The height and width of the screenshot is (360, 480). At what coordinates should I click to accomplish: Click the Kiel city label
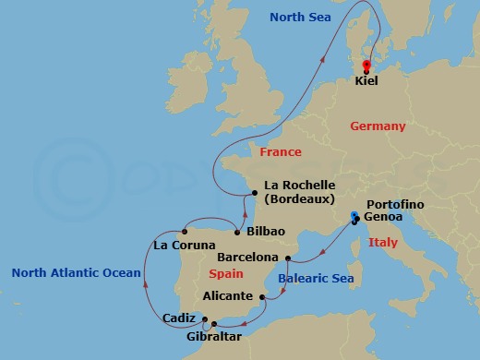pos(366,81)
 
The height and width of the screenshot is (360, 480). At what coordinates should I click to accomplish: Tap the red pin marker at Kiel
pos(366,66)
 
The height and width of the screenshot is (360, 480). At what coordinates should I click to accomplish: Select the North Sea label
pos(300,18)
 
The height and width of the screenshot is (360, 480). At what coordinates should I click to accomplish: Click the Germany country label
pos(378,126)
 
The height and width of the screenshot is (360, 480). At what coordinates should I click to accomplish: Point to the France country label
pos(281,151)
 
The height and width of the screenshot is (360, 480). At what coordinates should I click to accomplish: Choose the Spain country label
pos(226,274)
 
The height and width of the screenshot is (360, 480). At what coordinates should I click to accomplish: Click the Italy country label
pos(382,243)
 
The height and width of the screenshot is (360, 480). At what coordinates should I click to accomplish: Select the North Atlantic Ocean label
pos(76,272)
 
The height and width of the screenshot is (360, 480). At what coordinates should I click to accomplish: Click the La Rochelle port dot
pos(255,193)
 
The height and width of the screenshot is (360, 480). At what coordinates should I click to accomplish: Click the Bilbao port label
pos(267,231)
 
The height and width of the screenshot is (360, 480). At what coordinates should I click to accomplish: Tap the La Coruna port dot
pos(186,231)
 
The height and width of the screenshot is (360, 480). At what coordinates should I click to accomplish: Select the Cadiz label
pos(178,318)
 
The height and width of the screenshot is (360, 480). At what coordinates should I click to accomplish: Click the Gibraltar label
pos(211,338)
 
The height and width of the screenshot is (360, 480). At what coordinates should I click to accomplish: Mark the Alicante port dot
pos(263,297)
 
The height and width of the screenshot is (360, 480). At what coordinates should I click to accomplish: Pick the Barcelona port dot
pos(288,258)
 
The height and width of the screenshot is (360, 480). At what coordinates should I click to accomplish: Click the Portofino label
pos(394,203)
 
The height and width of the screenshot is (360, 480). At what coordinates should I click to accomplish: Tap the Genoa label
pos(384,218)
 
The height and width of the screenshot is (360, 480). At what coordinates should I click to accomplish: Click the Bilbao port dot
pos(239,231)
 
